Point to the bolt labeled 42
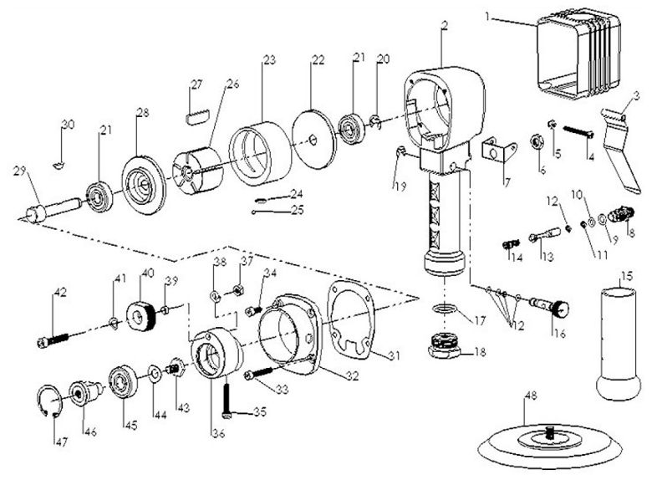[x=55, y=341]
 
